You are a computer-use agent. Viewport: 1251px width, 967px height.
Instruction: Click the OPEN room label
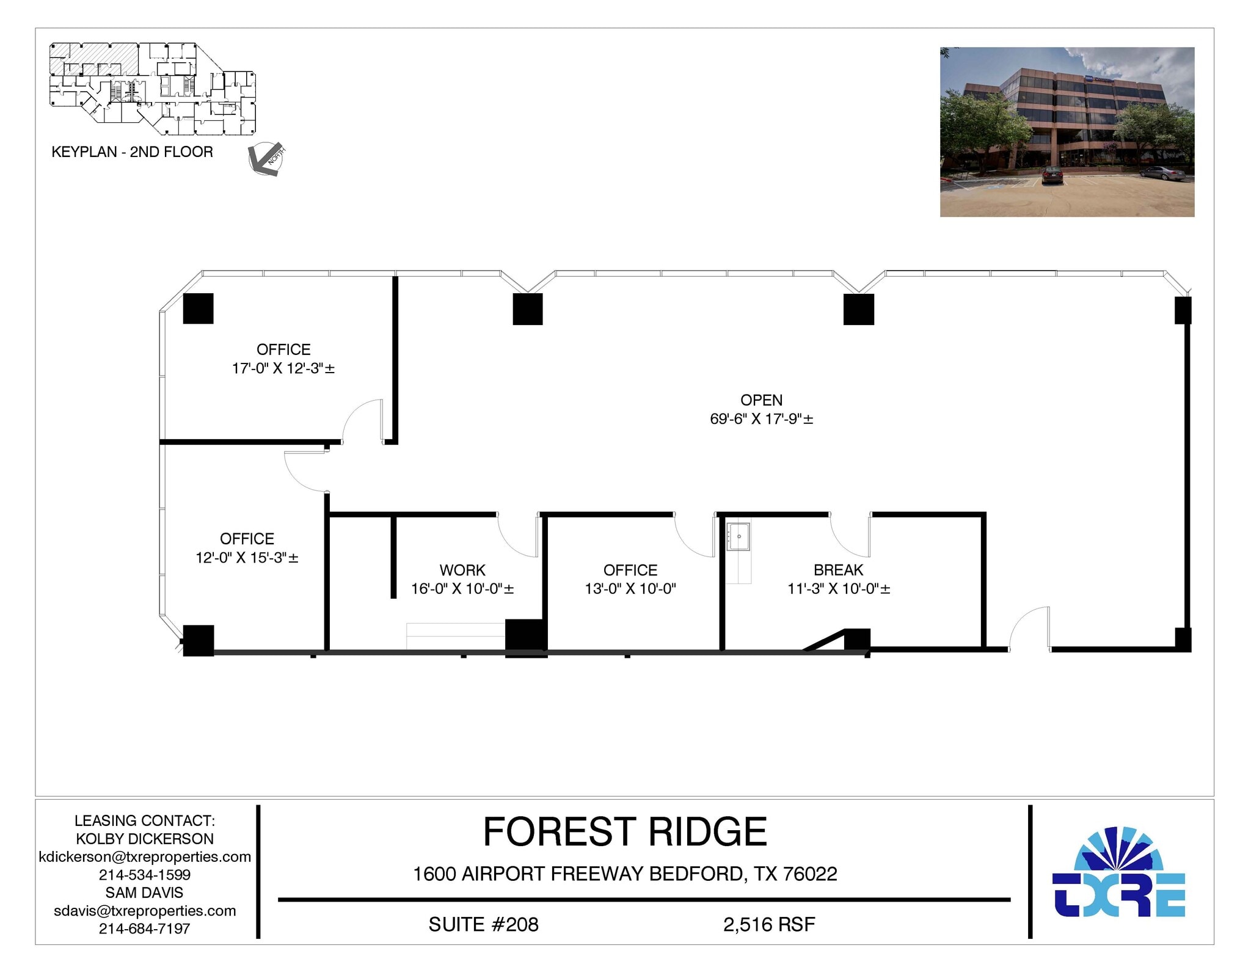(x=761, y=400)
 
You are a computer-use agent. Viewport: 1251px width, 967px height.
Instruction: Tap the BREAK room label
(x=838, y=570)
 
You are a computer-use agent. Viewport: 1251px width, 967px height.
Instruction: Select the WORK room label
(x=462, y=570)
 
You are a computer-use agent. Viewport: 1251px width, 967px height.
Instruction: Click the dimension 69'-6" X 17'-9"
(x=761, y=419)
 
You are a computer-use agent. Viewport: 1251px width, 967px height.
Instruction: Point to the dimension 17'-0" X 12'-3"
(x=283, y=368)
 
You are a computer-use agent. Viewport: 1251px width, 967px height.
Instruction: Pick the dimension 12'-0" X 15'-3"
(x=247, y=558)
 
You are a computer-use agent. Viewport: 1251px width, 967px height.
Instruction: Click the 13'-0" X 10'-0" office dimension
(x=630, y=589)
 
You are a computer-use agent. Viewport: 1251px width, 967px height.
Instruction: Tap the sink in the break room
(x=739, y=537)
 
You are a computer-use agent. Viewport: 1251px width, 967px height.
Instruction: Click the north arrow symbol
(x=266, y=159)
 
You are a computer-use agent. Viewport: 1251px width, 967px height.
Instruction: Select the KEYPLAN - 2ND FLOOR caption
(x=133, y=152)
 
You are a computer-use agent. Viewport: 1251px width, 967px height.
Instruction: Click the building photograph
(x=1067, y=132)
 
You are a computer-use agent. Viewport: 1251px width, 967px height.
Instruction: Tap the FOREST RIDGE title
(x=625, y=832)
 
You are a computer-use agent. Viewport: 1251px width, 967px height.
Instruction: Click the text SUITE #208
(x=483, y=925)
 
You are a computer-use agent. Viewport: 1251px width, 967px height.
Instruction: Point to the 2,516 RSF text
(x=769, y=925)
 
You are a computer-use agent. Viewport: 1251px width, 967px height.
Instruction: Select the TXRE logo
(x=1118, y=874)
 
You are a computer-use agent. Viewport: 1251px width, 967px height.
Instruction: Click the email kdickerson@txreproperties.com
(x=145, y=856)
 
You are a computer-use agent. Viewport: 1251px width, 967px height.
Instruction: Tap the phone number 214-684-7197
(x=145, y=929)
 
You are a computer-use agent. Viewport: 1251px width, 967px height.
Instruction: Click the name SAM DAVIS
(x=145, y=892)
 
